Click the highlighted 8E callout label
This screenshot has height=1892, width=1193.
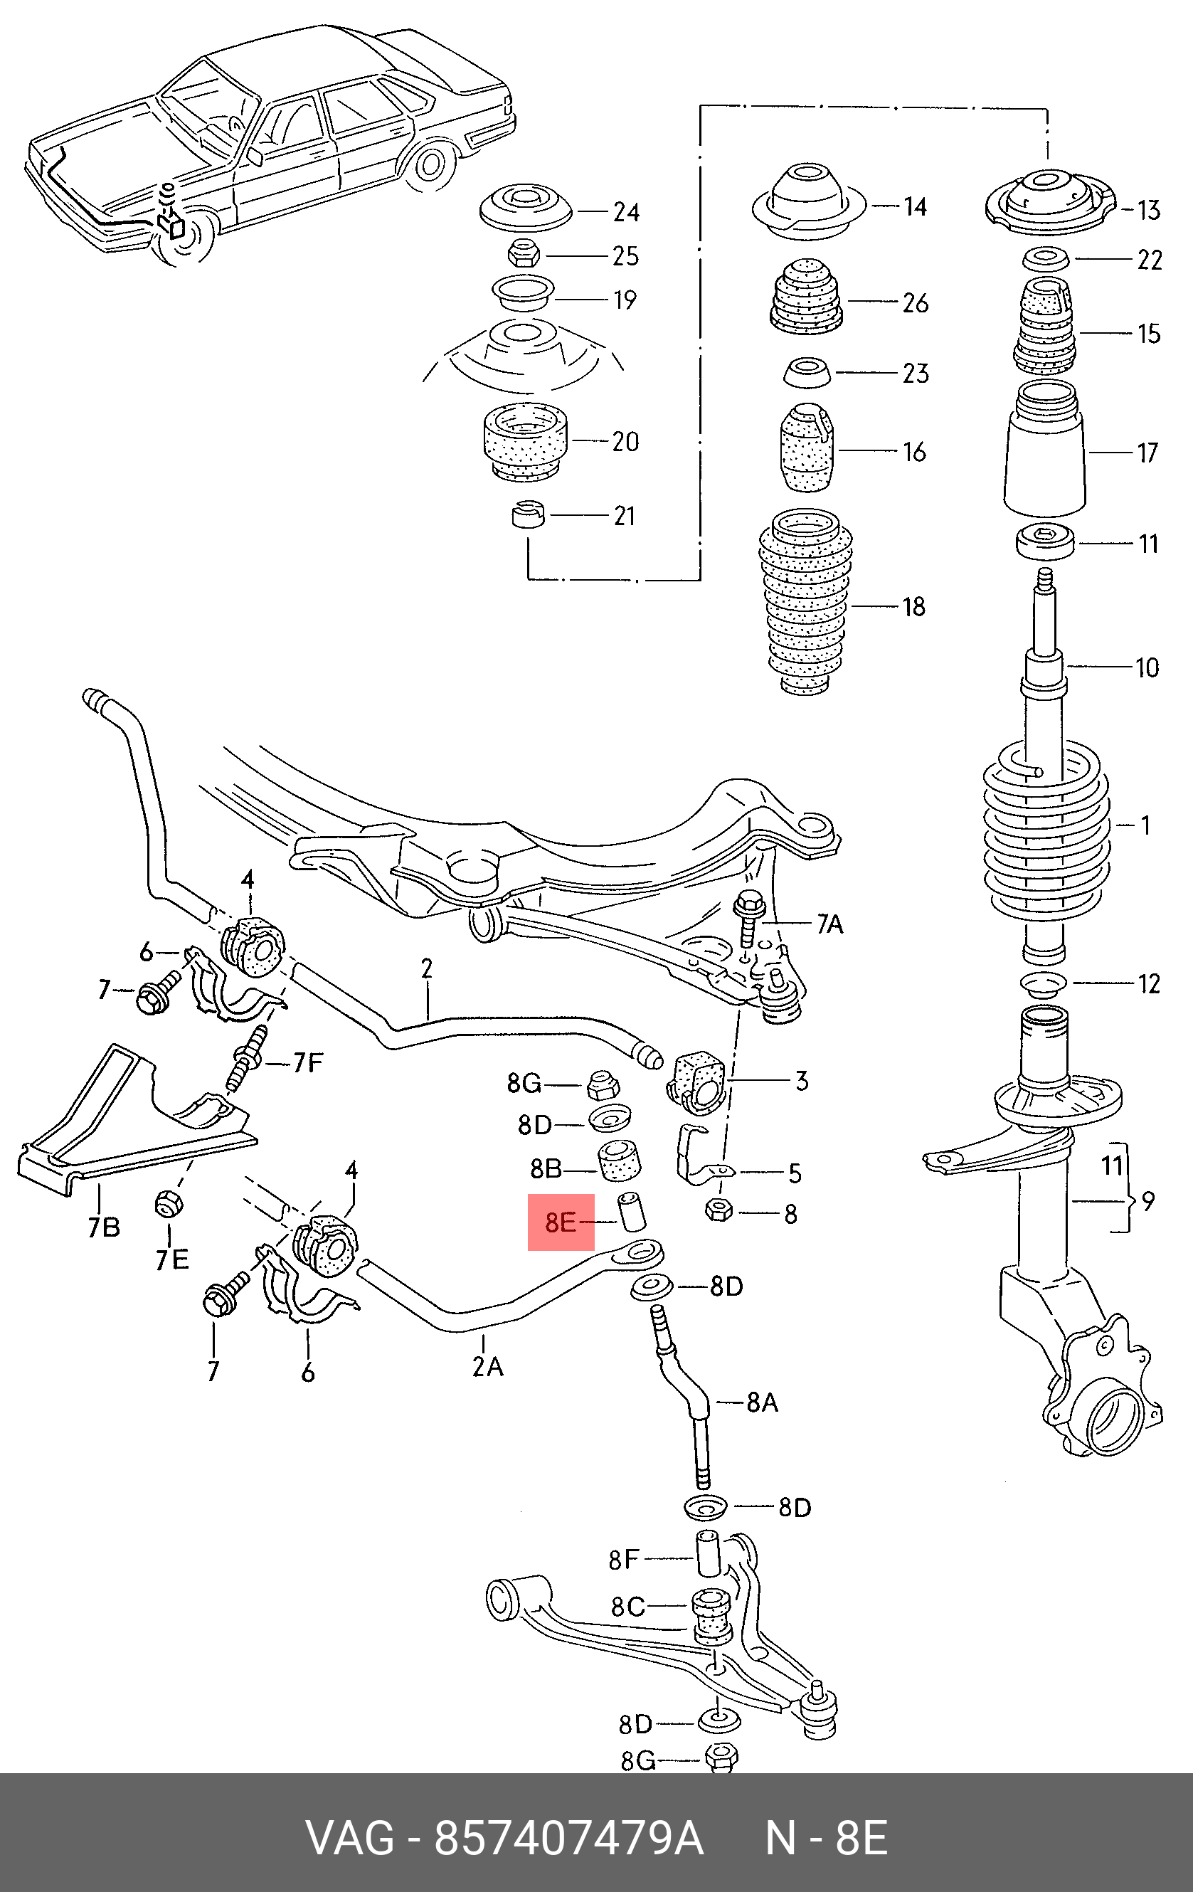pos(561,1222)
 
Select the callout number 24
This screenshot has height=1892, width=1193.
pos(626,212)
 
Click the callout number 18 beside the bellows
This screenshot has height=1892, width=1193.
pos(913,606)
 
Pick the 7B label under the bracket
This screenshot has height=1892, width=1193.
pos(103,1226)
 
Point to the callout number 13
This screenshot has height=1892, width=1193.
pos(1148,211)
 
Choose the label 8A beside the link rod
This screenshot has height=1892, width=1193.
pos(762,1402)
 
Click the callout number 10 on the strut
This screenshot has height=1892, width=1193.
pos(1147,668)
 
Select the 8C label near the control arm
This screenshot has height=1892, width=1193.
pos(627,1607)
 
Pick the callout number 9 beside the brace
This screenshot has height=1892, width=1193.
pos(1149,1201)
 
